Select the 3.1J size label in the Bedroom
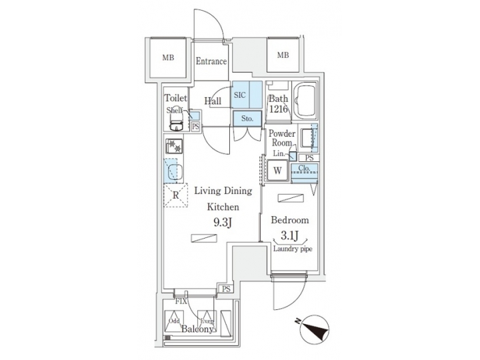point(289,235)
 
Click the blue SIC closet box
point(240,95)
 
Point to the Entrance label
point(211,62)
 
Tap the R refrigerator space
point(175,196)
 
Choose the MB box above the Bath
point(283,55)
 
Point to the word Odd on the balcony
point(175,321)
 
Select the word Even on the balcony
point(208,321)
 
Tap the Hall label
point(213,101)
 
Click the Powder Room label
point(281,138)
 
